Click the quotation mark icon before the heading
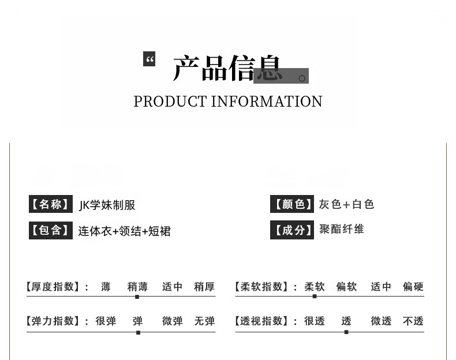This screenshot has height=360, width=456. coord(149,59)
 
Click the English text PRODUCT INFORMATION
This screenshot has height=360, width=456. coord(228,102)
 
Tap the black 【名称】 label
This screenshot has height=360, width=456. coord(51,204)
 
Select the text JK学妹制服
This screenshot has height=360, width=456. coord(107,205)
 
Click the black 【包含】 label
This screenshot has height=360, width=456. coord(51,231)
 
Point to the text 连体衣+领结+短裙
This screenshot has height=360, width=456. coord(125,231)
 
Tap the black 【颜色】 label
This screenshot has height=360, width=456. coord(292,204)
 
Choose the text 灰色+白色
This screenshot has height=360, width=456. coord(346,204)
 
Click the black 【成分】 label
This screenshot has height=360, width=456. coord(292,230)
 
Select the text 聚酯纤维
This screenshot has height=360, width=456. coord(342,229)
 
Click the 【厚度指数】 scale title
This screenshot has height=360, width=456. coord(57,287)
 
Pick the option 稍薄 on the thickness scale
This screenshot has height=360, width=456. coord(137,287)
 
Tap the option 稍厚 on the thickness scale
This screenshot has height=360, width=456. coord(204,287)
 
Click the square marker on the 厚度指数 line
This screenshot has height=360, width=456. coord(137,297)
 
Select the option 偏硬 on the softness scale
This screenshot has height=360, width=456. coord(413,287)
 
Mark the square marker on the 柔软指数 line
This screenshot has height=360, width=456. coord(315,296)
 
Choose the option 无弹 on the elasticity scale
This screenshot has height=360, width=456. coord(204,321)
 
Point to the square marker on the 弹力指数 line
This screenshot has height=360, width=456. coord(138,332)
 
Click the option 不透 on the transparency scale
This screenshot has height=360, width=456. coord(413,321)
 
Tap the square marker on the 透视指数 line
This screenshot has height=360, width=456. coord(346,332)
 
